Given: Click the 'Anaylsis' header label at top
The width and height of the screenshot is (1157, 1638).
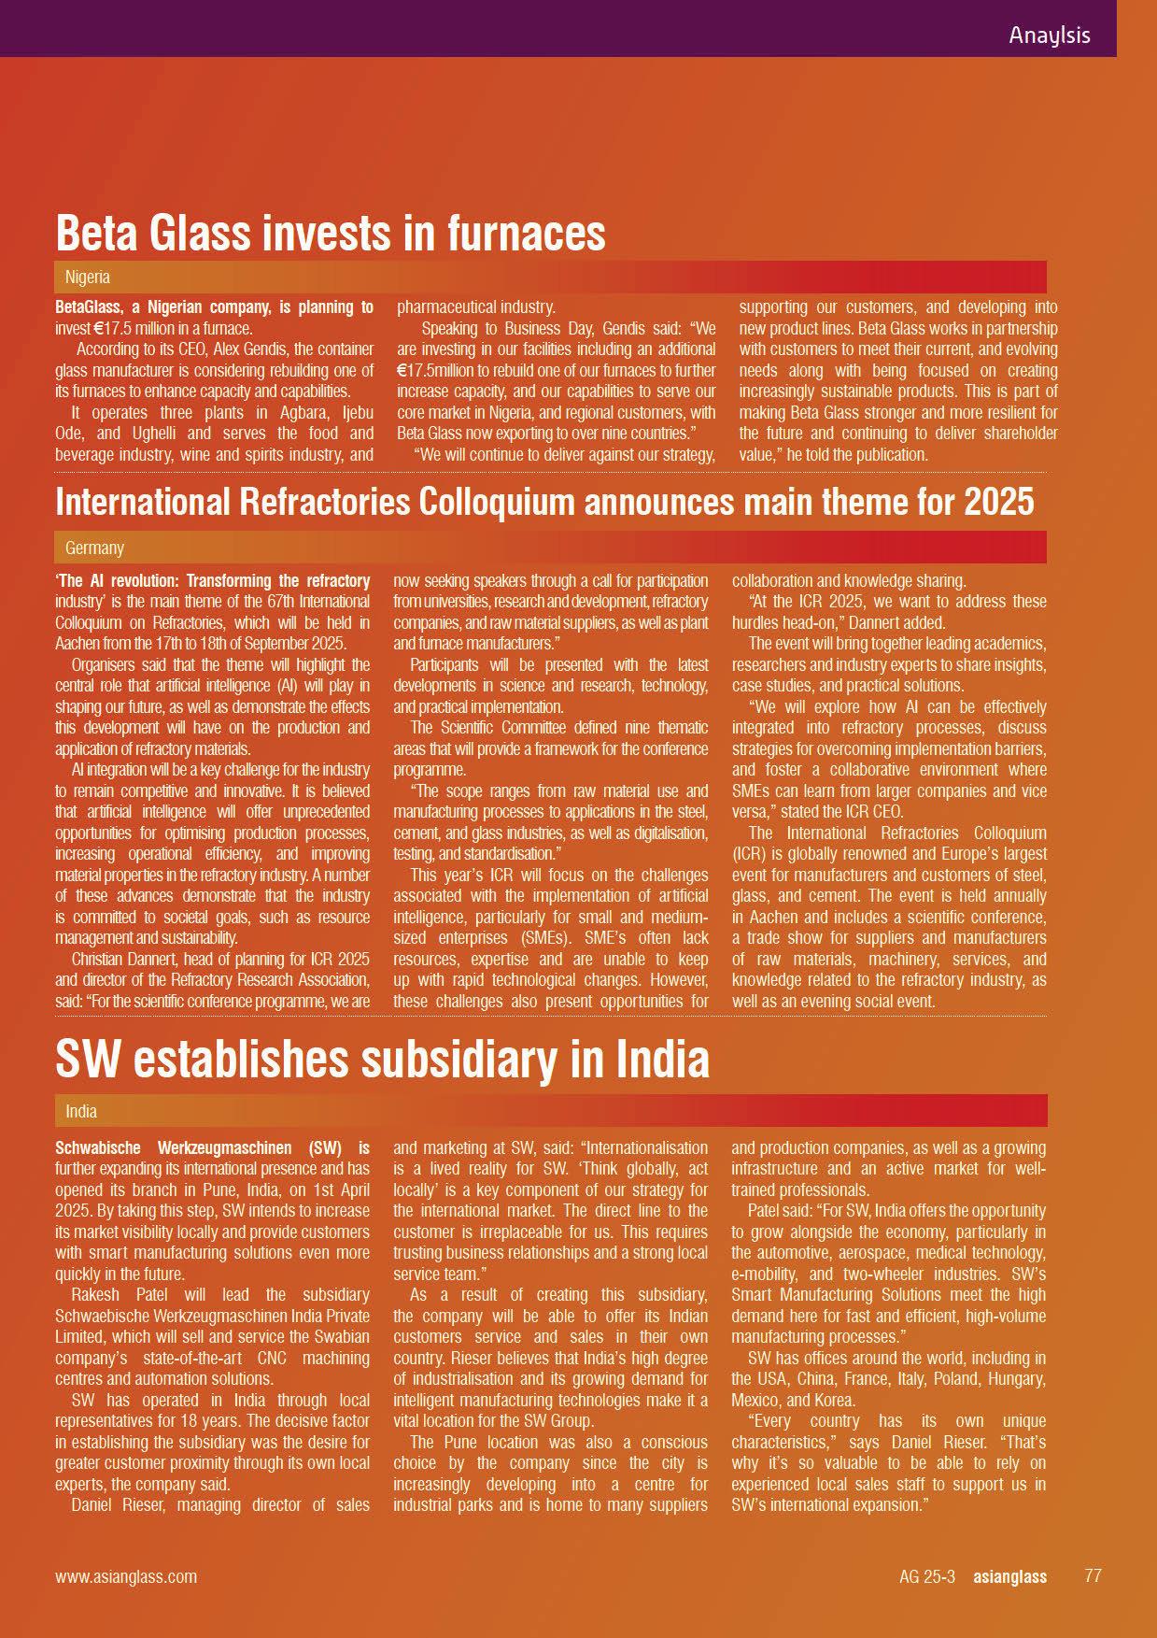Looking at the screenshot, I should coord(1049,36).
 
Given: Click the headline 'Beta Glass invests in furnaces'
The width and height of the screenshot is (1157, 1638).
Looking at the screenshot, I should coord(331,232).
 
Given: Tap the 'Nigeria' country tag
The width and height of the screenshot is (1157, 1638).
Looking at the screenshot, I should coord(88,278).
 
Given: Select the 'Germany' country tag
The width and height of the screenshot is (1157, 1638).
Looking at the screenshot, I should coord(94,548).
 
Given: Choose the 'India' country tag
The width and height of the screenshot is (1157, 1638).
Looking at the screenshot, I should coord(81,1111).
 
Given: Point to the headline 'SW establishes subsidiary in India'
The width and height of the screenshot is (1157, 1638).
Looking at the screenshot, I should coord(382,1059).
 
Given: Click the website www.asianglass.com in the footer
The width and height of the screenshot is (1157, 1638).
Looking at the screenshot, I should coord(126,1576).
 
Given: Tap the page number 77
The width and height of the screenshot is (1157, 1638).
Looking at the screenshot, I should coord(1093,1575).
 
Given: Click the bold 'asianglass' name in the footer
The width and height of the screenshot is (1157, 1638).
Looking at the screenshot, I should coord(1009,1576).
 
